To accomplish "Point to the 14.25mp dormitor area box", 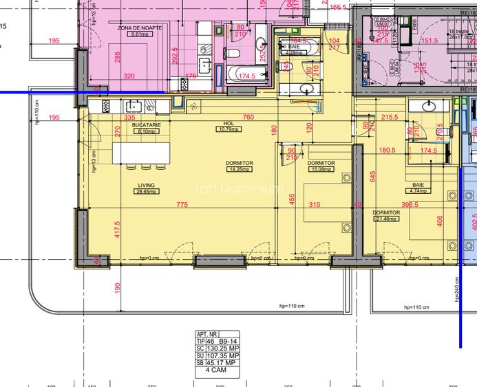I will click(239, 169).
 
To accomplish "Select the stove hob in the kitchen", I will click(106, 106).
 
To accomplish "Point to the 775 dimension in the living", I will click(182, 205).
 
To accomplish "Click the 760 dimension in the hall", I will click(248, 117).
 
